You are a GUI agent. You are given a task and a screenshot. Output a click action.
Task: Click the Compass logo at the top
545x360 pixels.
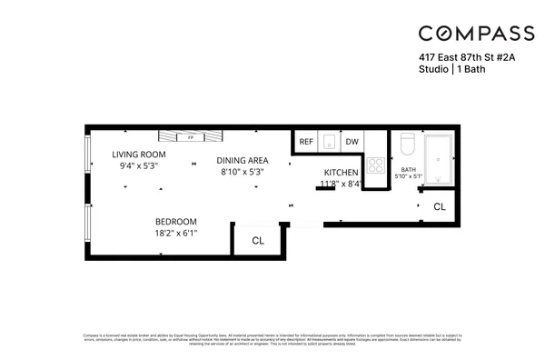pyautogui.click(x=476, y=34)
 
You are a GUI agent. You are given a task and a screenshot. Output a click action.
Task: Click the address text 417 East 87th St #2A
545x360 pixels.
pyautogui.click(x=465, y=57)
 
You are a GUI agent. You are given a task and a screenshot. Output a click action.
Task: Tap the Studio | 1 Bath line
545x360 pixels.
pyautogui.click(x=449, y=69)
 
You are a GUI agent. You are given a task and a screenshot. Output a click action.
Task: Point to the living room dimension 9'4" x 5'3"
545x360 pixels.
pyautogui.click(x=139, y=166)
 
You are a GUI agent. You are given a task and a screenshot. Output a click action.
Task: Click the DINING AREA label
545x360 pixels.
pyautogui.click(x=243, y=160)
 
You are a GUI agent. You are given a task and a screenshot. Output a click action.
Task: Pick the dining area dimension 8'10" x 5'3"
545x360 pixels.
pyautogui.click(x=243, y=172)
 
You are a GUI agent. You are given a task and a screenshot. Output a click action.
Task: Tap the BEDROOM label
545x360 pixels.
pyautogui.click(x=176, y=222)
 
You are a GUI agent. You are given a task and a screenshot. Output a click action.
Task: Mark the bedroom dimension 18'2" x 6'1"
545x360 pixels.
pyautogui.click(x=176, y=234)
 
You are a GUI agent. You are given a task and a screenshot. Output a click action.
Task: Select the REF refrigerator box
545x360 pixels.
pyautogui.click(x=306, y=142)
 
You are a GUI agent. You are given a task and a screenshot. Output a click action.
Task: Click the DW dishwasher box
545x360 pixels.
pyautogui.click(x=352, y=142)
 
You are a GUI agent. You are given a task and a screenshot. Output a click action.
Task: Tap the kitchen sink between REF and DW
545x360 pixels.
pyautogui.click(x=329, y=141)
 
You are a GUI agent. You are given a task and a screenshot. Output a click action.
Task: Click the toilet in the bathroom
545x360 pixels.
pyautogui.click(x=407, y=145)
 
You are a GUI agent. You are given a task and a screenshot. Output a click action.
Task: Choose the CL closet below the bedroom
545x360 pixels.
pyautogui.click(x=257, y=241)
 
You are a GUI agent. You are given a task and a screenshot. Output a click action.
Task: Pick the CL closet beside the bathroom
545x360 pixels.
pyautogui.click(x=440, y=207)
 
